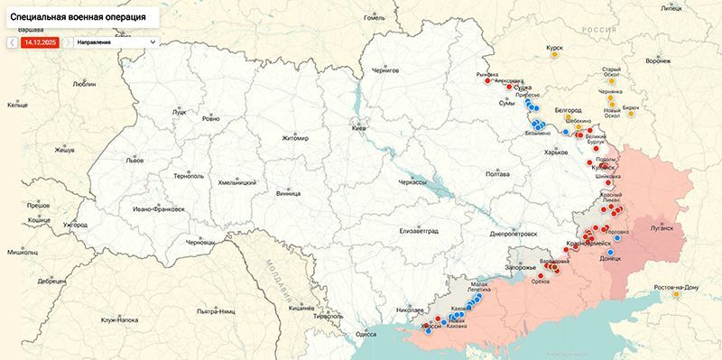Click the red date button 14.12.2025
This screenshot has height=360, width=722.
(40, 42)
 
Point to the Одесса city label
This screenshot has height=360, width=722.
(366, 334)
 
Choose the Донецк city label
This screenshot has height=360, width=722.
(610, 258)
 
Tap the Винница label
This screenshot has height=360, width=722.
(289, 193)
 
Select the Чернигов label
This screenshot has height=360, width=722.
(384, 69)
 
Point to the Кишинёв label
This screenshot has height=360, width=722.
(301, 308)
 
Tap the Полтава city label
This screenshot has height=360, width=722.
(497, 173)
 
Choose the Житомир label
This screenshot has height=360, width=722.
(295, 139)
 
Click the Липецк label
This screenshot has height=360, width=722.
(697, 7)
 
